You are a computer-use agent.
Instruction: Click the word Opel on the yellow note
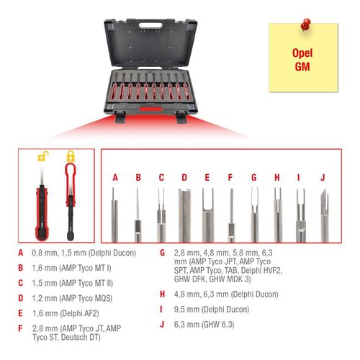(x=303, y=53)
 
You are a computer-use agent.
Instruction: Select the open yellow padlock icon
(x=44, y=156)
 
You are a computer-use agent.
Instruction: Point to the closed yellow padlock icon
(x=71, y=156)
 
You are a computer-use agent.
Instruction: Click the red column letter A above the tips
(x=114, y=176)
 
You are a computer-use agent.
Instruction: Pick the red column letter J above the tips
(x=323, y=176)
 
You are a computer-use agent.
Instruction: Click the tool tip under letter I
(x=300, y=205)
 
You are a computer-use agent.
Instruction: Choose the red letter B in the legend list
(x=22, y=268)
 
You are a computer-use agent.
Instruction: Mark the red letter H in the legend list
(x=163, y=294)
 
